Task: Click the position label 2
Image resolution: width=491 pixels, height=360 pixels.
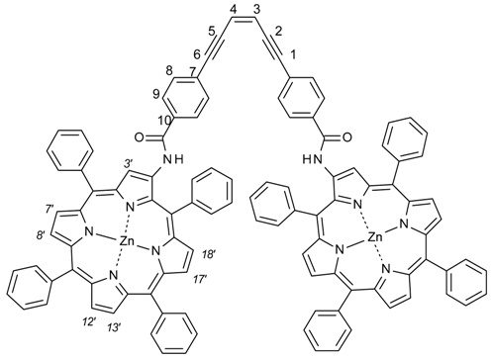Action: point(276,30)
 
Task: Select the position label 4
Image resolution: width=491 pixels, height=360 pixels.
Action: point(232,11)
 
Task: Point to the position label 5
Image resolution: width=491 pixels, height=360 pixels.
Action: point(212,30)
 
